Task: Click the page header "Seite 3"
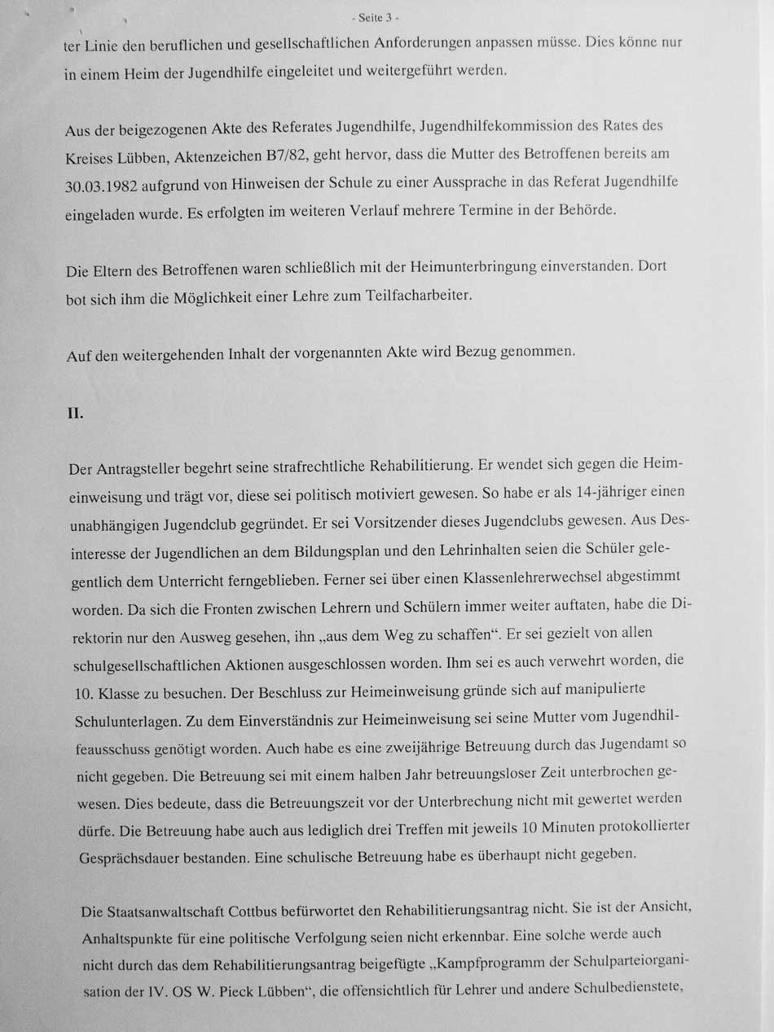(376, 17)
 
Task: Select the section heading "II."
(75, 413)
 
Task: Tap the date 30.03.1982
(101, 186)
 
